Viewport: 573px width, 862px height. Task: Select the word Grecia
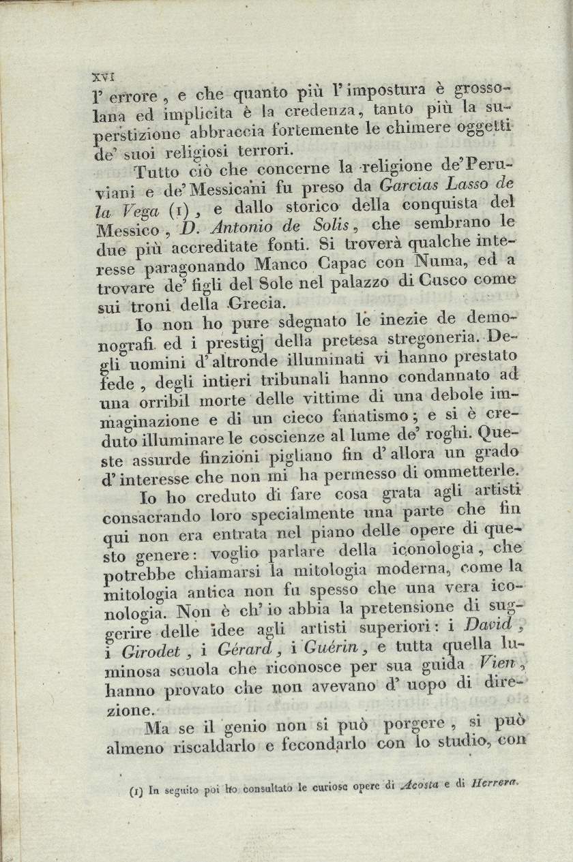pyautogui.click(x=252, y=301)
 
